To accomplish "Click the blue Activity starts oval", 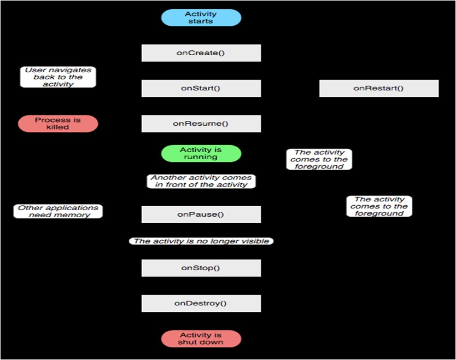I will [x=201, y=18].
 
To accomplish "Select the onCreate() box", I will [x=201, y=53].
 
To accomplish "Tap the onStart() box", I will [x=201, y=88].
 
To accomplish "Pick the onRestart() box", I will [x=378, y=88].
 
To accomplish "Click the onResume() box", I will [x=201, y=124].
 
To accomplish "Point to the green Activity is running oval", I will [x=201, y=153].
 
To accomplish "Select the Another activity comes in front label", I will [x=201, y=181].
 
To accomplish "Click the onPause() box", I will [x=201, y=214].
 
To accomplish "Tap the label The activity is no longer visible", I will [x=201, y=241].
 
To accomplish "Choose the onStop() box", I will [x=201, y=268].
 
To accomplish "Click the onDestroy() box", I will [x=201, y=303].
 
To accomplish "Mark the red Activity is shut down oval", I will [x=201, y=339].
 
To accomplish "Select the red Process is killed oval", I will [x=58, y=124].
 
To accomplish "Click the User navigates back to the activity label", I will [x=58, y=77].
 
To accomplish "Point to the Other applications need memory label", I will [x=58, y=211].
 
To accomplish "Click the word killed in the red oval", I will [x=57, y=127].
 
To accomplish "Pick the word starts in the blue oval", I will [x=201, y=21].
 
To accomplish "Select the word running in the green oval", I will [x=201, y=157].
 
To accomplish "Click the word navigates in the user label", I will [x=69, y=70].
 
